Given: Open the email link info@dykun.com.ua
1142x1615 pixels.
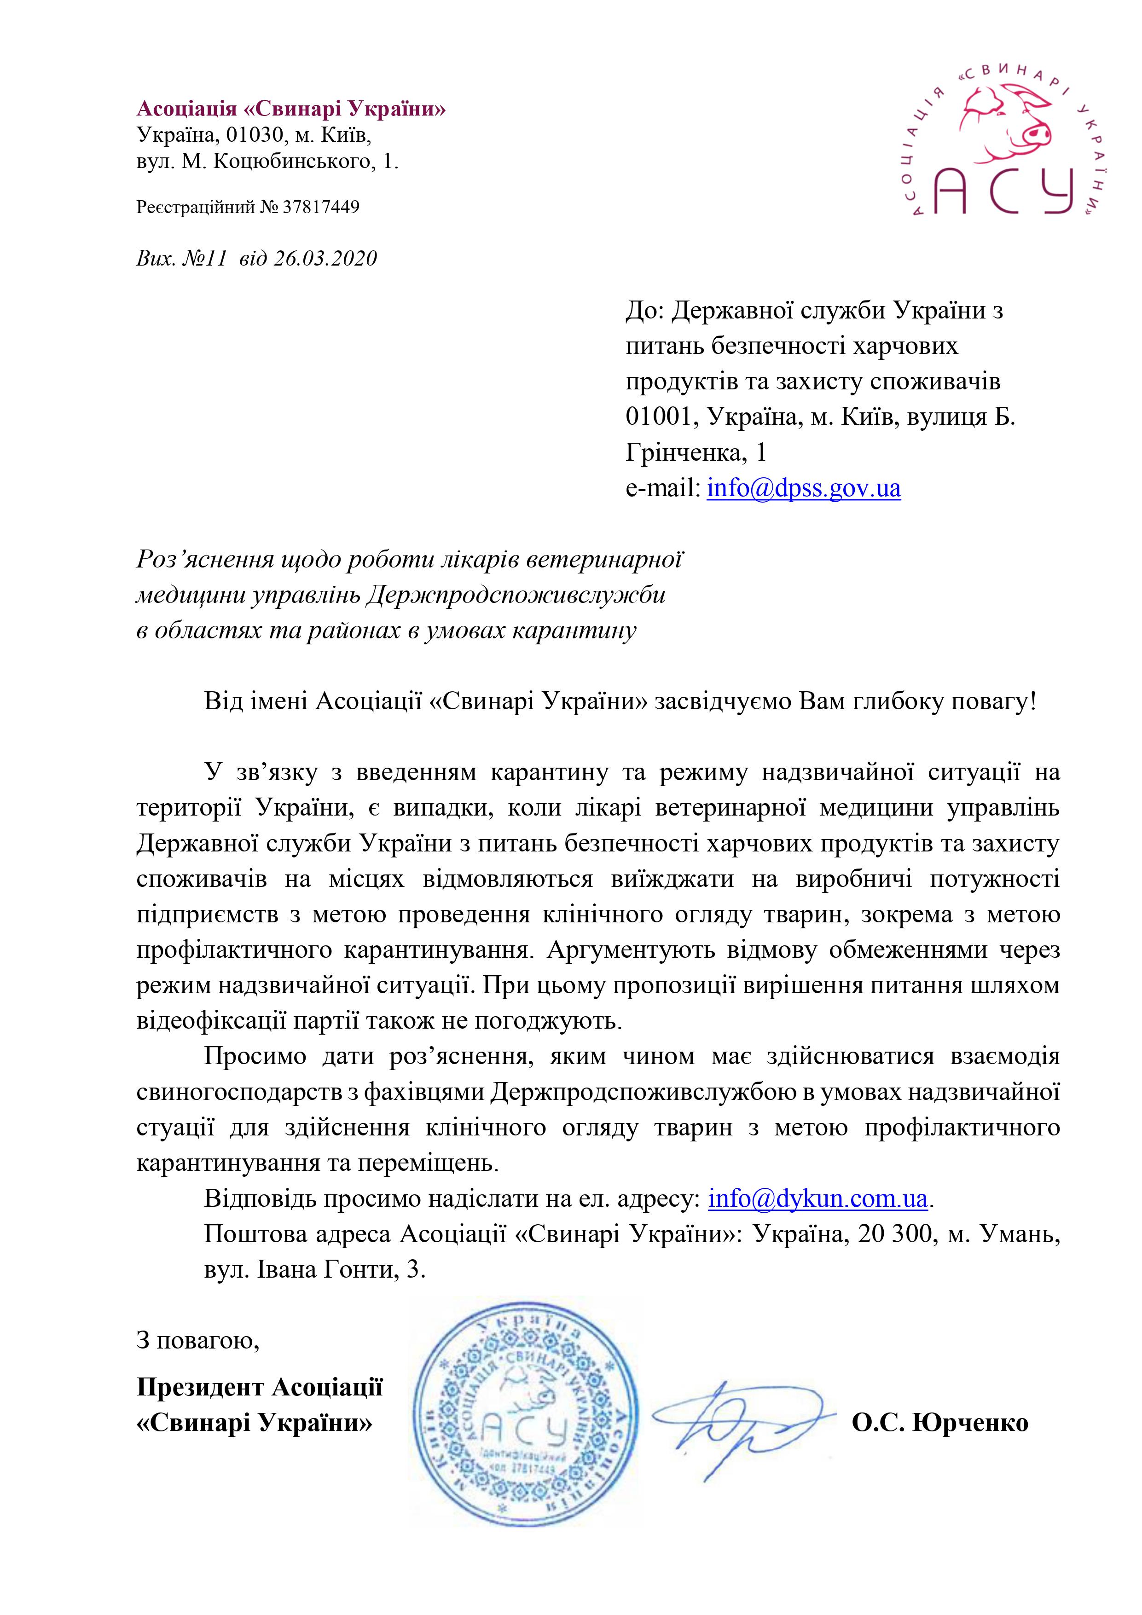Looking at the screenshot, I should click(x=817, y=1198).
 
